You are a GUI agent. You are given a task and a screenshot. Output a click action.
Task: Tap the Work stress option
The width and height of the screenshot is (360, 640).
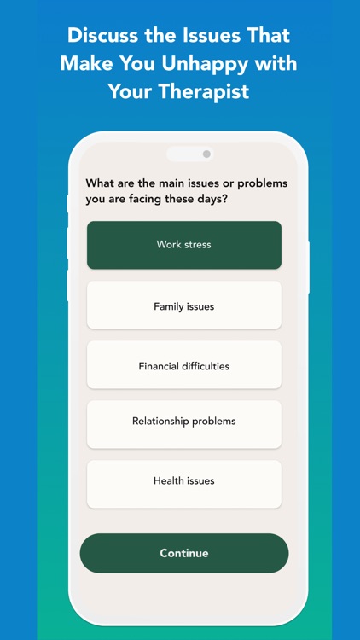click(x=183, y=245)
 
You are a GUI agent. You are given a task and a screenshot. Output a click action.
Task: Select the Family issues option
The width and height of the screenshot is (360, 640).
click(x=183, y=305)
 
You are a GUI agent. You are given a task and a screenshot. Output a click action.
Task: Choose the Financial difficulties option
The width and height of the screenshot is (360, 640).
click(x=183, y=366)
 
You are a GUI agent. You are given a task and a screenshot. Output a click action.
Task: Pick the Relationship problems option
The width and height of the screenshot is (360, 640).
click(x=183, y=422)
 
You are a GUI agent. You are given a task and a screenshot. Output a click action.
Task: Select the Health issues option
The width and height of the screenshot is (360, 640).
click(x=183, y=481)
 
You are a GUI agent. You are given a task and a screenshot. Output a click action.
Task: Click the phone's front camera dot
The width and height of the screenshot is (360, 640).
click(x=206, y=154)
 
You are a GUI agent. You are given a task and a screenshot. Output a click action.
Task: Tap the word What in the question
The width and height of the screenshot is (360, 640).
click(x=100, y=183)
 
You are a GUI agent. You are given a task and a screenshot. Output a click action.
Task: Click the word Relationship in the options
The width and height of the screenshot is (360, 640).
click(x=161, y=422)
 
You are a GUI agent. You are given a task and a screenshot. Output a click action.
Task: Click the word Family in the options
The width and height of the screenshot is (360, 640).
click(x=169, y=305)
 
